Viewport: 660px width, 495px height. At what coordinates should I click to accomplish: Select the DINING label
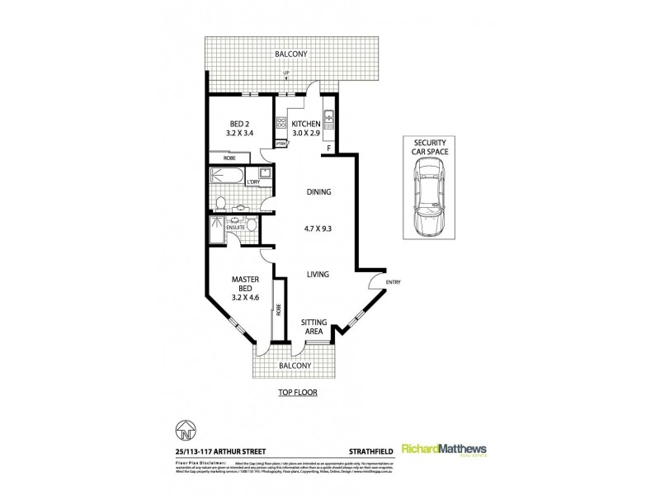tap(318, 192)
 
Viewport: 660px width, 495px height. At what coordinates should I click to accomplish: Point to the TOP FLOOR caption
tap(297, 394)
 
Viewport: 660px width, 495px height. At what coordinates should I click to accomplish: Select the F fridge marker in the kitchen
tap(329, 149)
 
